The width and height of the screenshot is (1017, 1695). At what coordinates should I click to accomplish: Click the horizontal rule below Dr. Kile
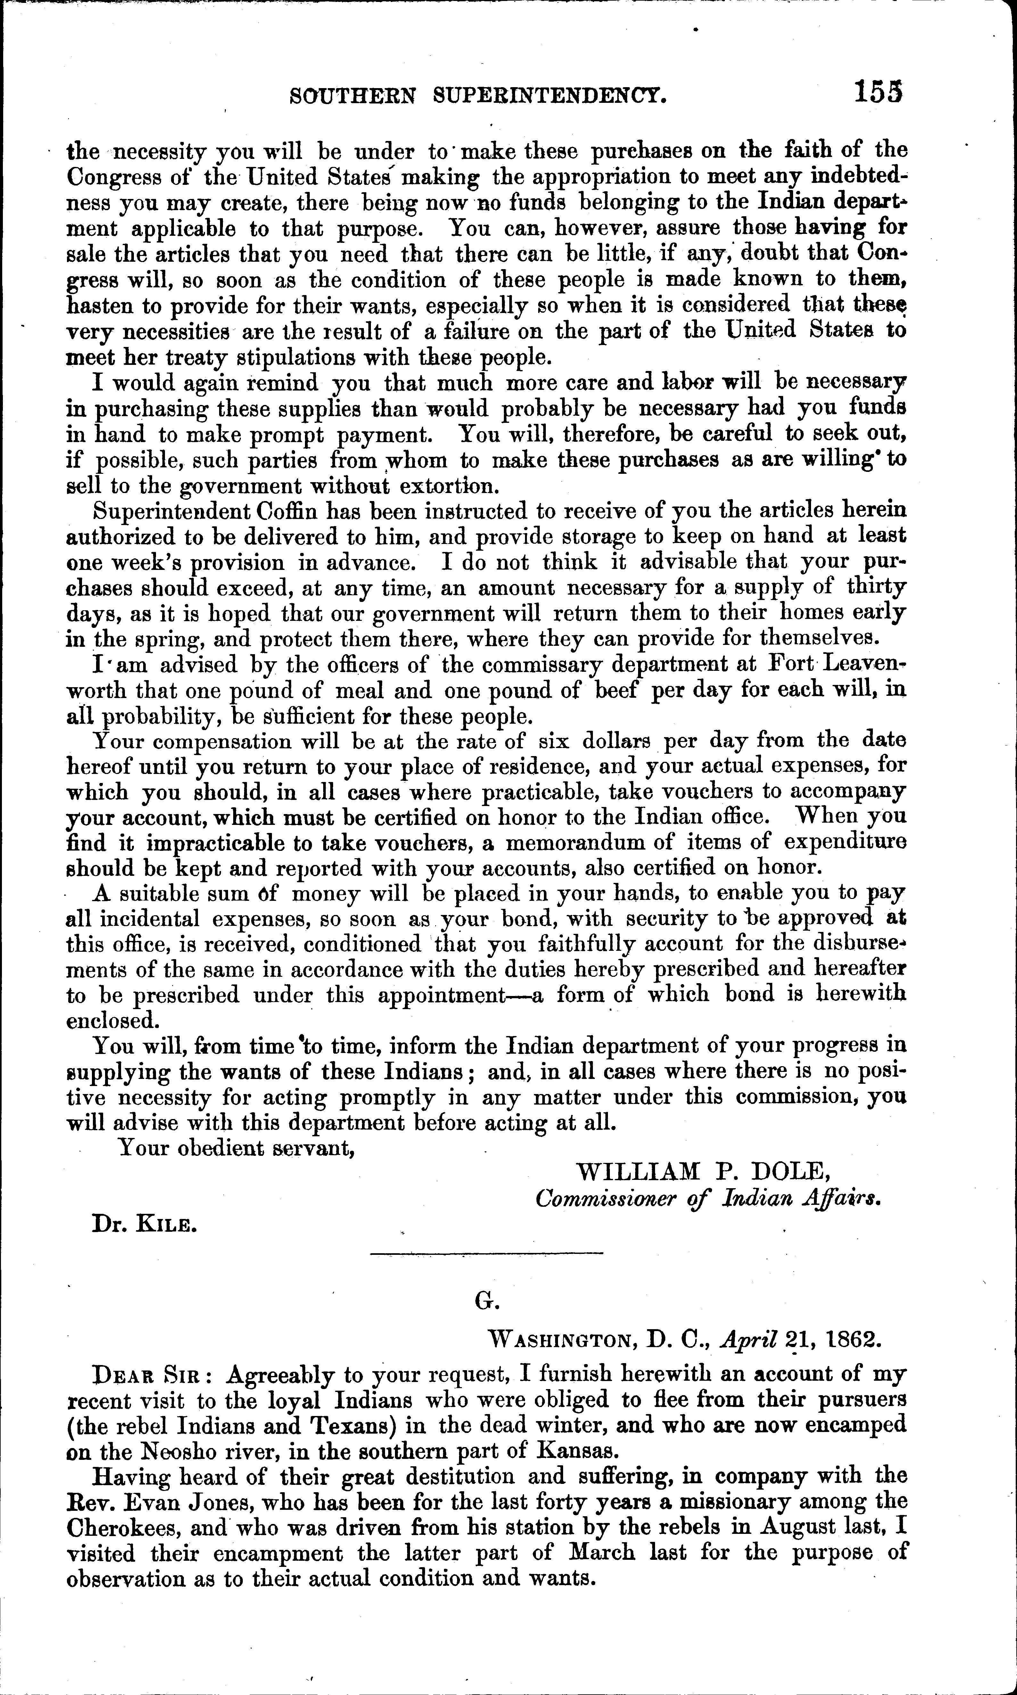(486, 1254)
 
